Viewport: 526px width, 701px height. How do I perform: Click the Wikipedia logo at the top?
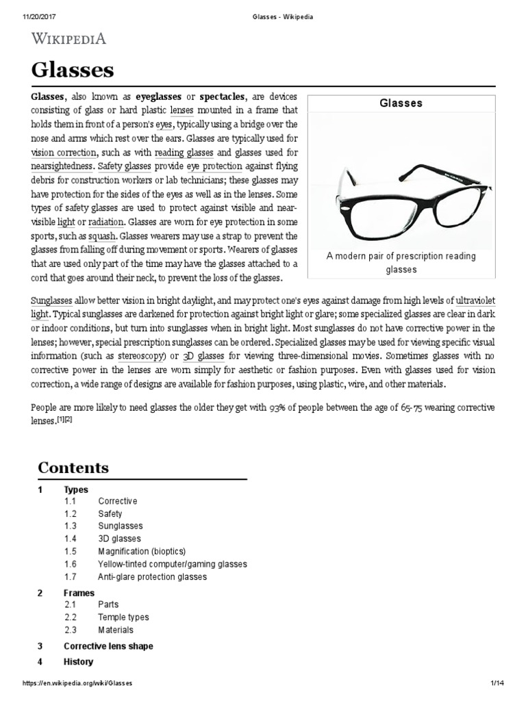pos(67,38)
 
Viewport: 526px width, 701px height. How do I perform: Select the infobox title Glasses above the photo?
pos(401,103)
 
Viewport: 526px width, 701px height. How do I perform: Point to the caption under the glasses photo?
pos(401,263)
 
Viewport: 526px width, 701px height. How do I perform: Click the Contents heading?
pos(73,468)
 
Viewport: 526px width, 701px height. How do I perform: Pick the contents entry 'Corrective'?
pos(117,501)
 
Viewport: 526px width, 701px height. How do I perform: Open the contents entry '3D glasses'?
pos(120,539)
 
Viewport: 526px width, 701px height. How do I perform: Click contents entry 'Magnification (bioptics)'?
pos(142,551)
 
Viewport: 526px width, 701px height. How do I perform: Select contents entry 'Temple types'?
pos(123,617)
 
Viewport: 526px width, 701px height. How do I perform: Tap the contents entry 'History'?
pos(78,662)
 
